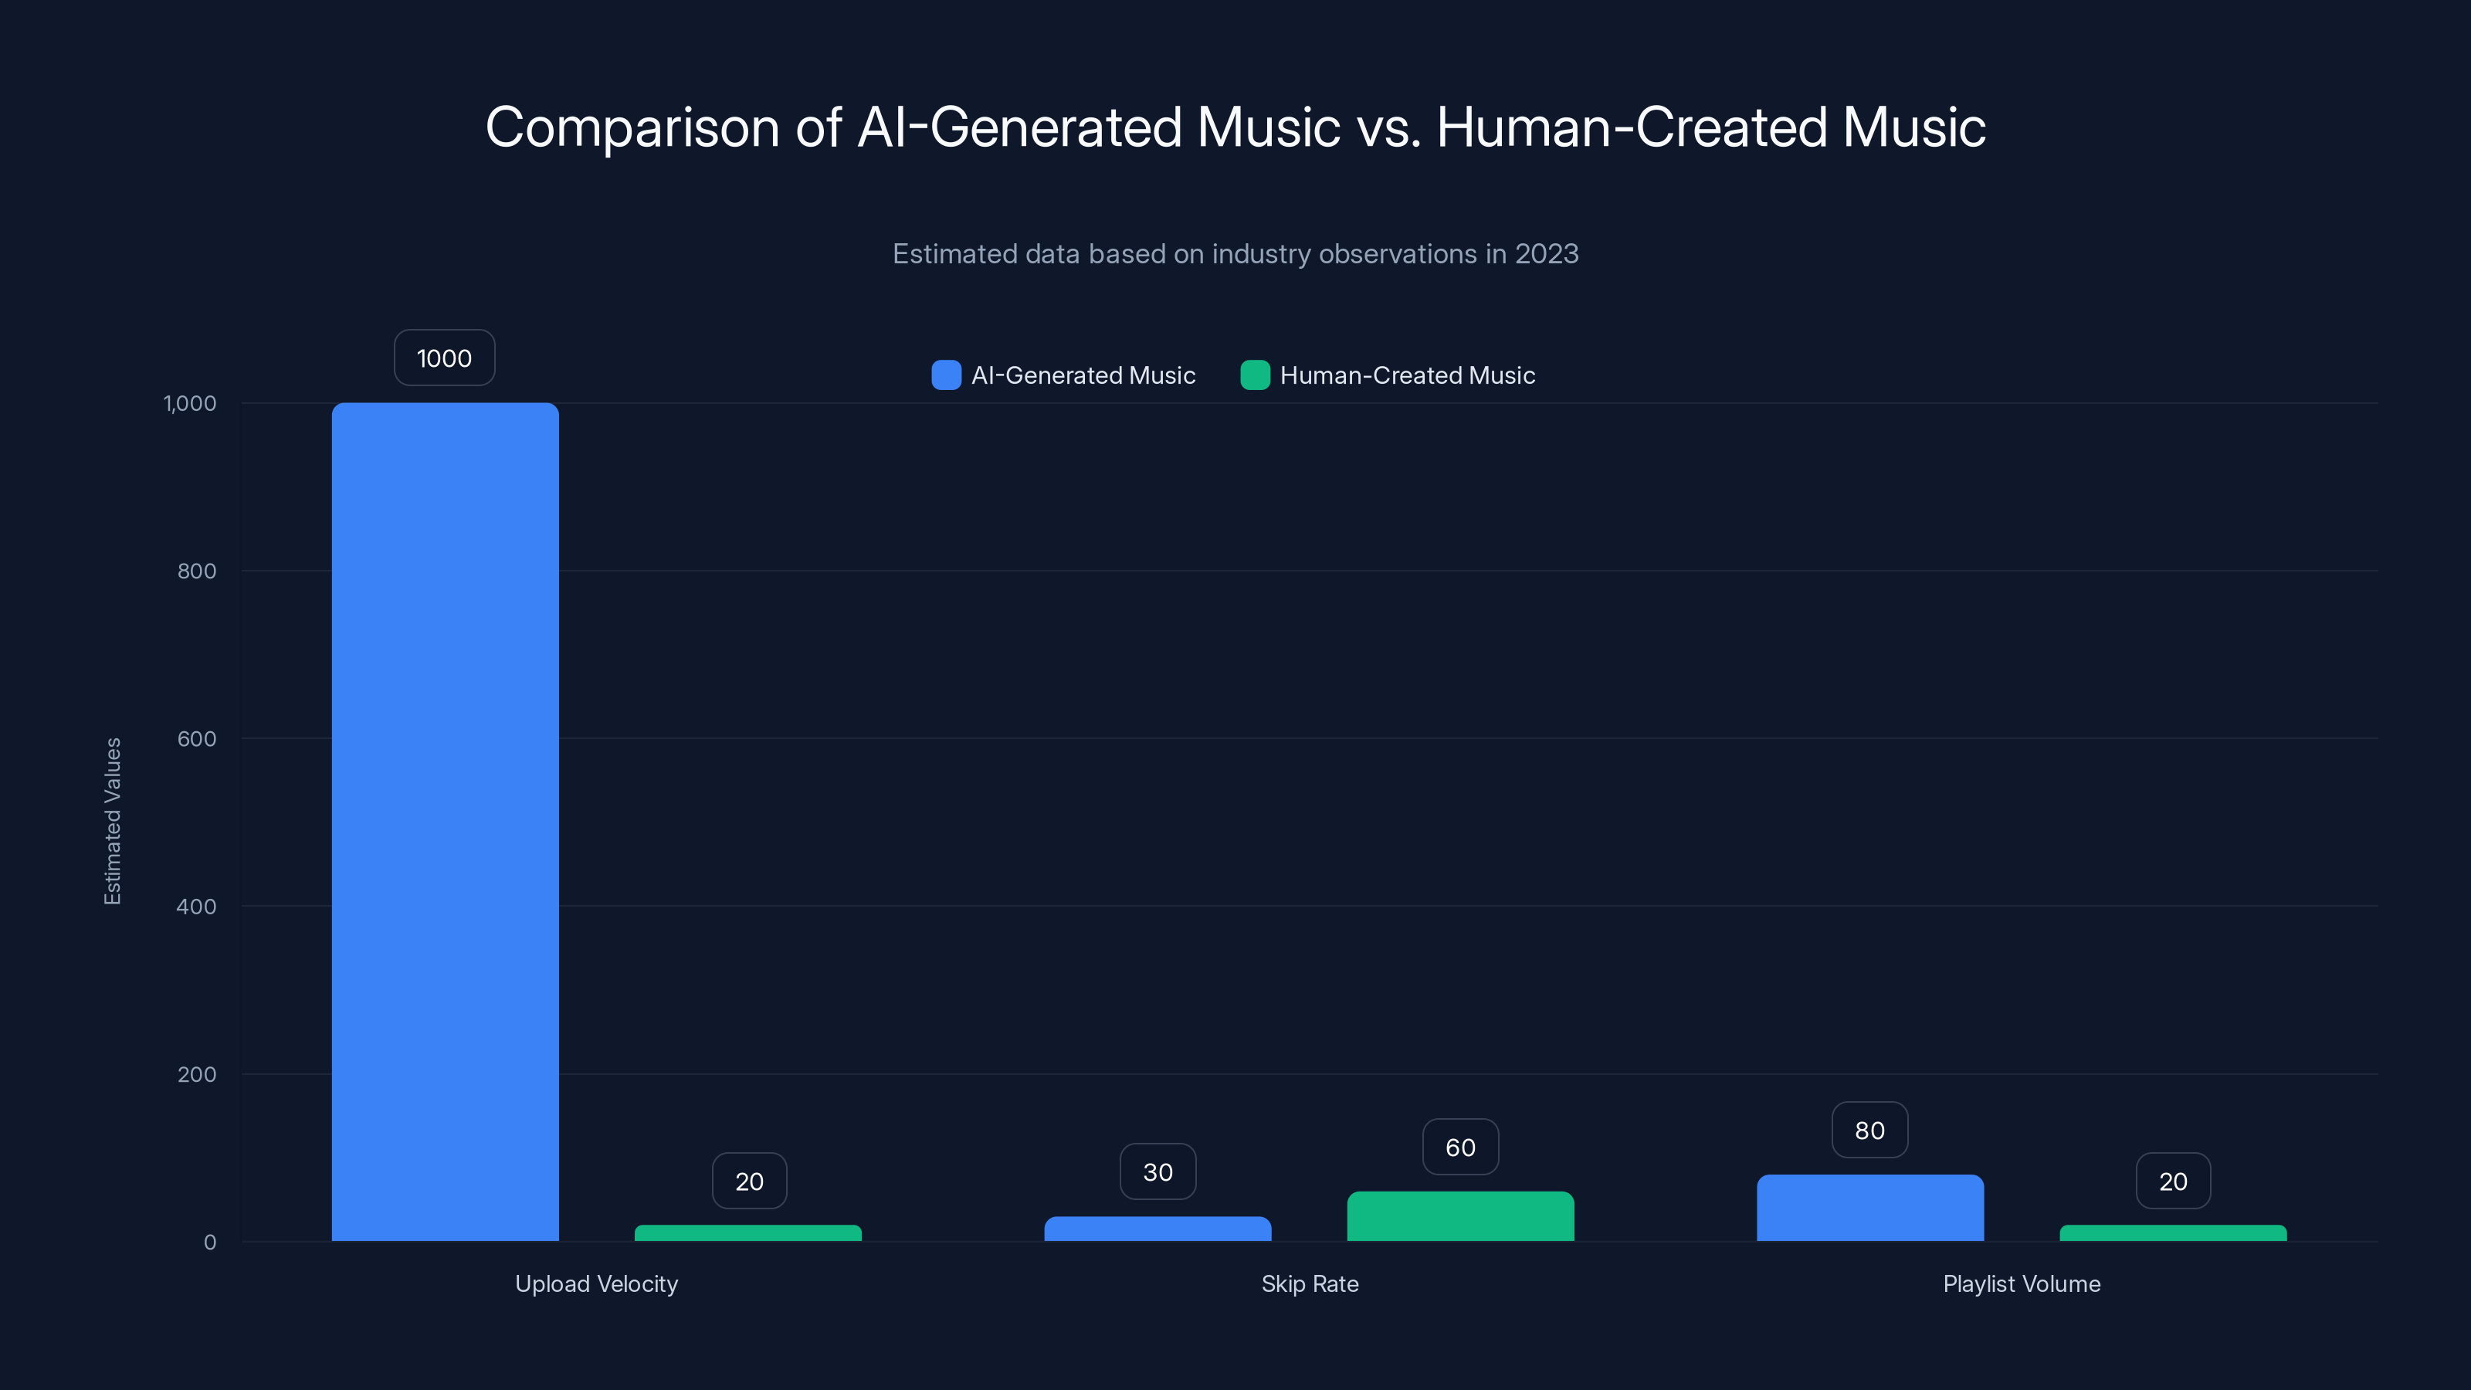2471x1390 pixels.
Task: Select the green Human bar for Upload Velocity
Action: pos(748,1232)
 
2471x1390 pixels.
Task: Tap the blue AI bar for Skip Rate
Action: pos(1158,1229)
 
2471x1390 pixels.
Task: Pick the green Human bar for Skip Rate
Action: pos(1460,1216)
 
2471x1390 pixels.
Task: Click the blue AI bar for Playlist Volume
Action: pos(1869,1208)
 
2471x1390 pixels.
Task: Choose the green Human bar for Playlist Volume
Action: pos(2173,1232)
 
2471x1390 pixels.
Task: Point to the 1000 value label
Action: pos(444,358)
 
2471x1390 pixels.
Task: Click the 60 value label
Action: pos(1460,1148)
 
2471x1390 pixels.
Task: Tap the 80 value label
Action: pos(1869,1130)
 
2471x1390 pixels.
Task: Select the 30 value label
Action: pos(1158,1171)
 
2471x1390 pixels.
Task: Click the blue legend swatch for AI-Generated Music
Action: pos(946,375)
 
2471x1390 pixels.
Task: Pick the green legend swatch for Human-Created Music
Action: pos(1255,375)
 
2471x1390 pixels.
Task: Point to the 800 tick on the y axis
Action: pos(197,571)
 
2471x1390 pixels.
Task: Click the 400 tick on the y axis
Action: pos(197,907)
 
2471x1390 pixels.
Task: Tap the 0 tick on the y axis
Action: pos(210,1243)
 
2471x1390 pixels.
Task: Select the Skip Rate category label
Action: pos(1310,1283)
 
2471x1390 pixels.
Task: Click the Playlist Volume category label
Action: pos(2021,1283)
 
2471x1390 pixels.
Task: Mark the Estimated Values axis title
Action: pos(112,821)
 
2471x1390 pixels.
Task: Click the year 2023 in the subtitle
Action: pos(1546,254)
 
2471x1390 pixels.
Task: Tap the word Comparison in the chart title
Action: pos(632,127)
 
